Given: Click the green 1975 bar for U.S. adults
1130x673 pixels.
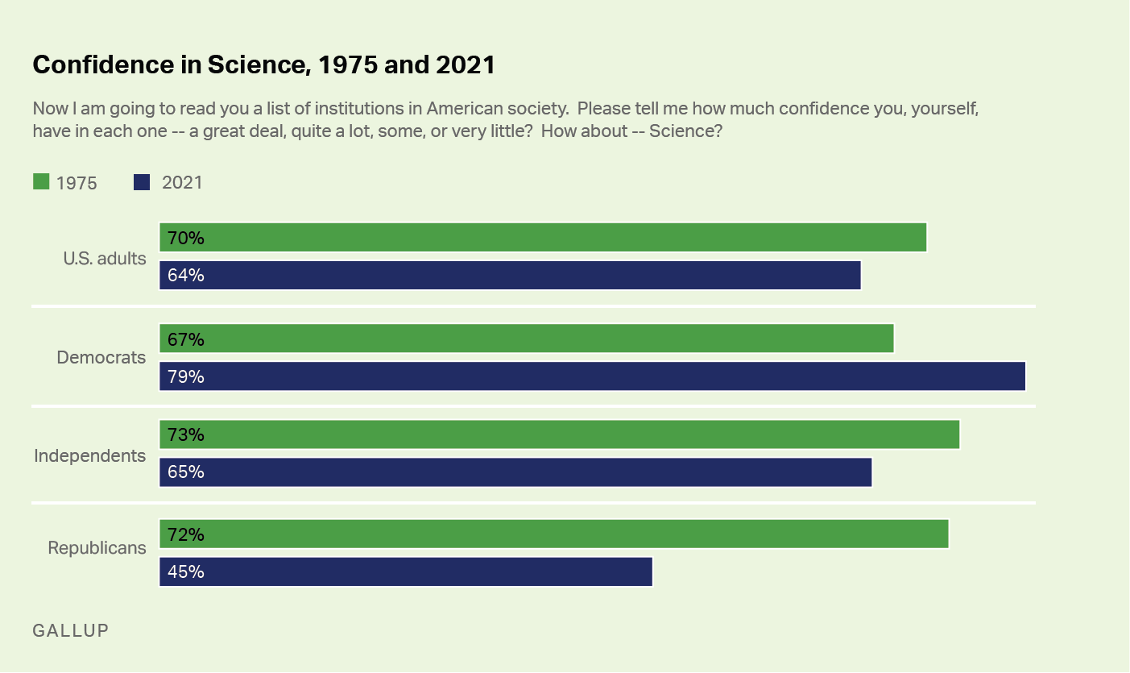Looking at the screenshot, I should click(543, 238).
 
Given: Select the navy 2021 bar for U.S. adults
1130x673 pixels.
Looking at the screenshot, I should click(510, 276).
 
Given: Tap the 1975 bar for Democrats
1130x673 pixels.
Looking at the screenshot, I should click(527, 339).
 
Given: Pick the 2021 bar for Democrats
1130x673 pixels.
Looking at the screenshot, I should click(592, 376).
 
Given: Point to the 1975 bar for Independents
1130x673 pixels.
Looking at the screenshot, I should click(559, 434).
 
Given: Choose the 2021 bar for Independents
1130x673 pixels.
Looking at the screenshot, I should click(515, 472).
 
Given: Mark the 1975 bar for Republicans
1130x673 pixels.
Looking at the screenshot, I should click(554, 534).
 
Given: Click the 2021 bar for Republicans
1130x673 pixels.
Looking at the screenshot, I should click(406, 571).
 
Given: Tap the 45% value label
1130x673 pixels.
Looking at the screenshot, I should click(186, 572).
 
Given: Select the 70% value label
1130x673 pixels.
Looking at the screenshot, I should click(186, 239).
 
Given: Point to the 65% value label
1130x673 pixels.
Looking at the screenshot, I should click(186, 472).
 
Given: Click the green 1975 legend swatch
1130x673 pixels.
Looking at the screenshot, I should click(41, 182).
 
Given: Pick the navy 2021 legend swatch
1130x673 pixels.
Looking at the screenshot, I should click(142, 182).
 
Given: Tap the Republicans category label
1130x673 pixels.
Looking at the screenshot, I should click(97, 548).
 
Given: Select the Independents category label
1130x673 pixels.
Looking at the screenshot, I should click(90, 456).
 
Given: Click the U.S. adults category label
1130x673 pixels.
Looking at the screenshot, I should click(105, 259).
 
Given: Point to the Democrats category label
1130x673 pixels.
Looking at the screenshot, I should click(101, 357).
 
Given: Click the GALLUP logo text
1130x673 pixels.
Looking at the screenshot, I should click(70, 630).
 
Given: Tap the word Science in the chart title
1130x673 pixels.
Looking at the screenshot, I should click(256, 65).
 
